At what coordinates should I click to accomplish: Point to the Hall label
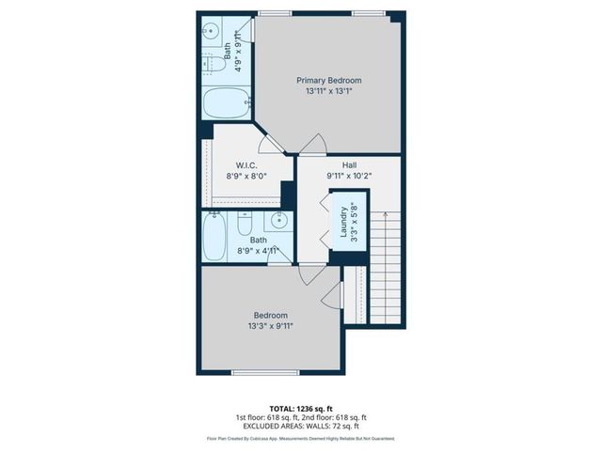pos(349,163)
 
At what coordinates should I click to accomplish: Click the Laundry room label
pos(343,223)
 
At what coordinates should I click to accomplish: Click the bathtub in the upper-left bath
pos(224,101)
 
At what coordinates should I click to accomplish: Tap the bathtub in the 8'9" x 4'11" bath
pos(213,238)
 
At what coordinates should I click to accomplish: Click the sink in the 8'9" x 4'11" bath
pos(278,222)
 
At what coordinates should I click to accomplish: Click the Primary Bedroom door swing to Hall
pos(316,144)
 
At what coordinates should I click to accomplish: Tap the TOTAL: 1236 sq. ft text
pos(300,407)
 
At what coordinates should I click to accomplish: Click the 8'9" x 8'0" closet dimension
pos(247,175)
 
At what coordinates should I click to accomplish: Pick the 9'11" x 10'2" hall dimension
pos(349,175)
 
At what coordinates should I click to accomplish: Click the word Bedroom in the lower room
pos(270,315)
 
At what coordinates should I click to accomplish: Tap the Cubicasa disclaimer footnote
pos(300,438)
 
